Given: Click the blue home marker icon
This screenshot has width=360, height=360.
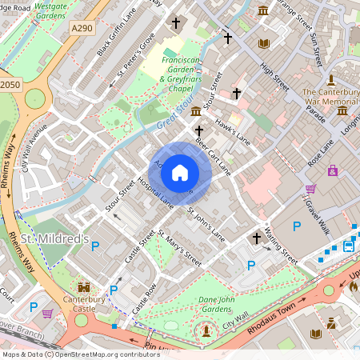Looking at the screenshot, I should point(180,172).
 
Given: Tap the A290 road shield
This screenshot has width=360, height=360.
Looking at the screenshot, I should point(81,28).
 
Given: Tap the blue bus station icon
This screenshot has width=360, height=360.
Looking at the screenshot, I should point(349,246).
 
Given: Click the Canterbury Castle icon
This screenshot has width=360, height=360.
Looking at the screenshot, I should point(82,286).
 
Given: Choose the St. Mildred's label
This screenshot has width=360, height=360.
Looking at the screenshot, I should point(54,239).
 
